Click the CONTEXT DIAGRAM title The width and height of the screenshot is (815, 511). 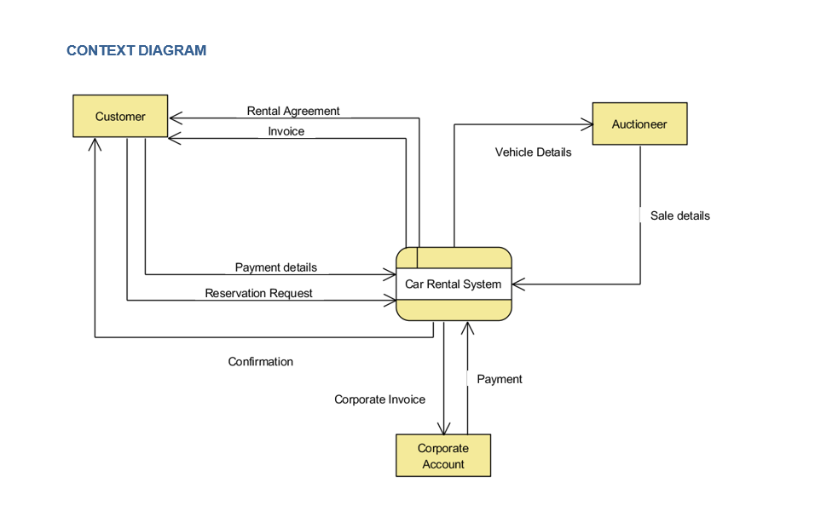[136, 50]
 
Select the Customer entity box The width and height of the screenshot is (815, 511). [120, 116]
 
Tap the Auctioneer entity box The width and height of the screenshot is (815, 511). [639, 124]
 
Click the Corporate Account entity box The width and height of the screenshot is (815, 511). [443, 456]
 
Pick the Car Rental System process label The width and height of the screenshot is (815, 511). [454, 284]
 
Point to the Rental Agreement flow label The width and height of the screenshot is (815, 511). [293, 111]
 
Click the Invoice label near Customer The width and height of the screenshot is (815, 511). [286, 131]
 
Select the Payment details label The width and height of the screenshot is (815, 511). [275, 267]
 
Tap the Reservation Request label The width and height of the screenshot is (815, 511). [258, 293]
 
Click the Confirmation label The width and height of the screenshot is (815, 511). [260, 362]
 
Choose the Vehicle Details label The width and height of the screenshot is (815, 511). [533, 152]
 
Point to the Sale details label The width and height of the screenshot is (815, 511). [679, 215]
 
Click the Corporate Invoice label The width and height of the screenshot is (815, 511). [379, 399]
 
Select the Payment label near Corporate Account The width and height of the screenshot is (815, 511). [499, 379]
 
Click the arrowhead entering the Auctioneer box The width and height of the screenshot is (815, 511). [587, 125]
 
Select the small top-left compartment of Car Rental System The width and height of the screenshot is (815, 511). [407, 257]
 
